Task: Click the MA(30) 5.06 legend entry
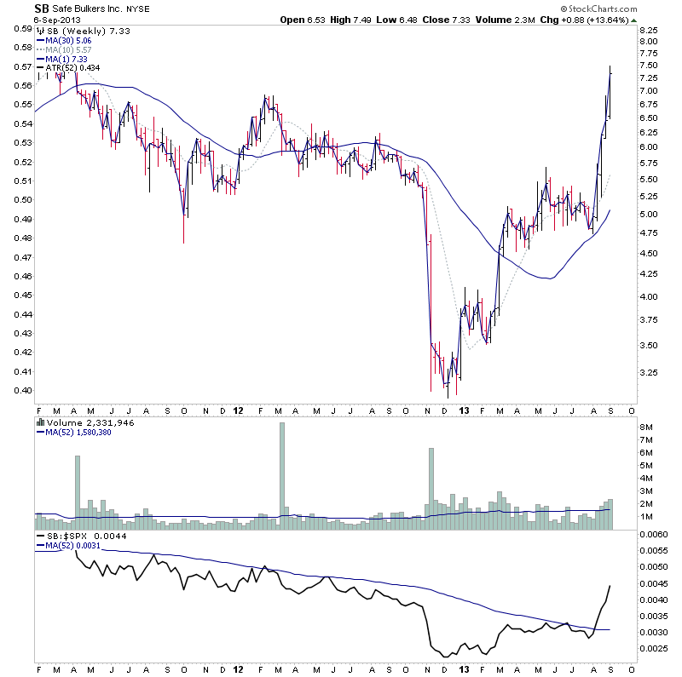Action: pyautogui.click(x=71, y=39)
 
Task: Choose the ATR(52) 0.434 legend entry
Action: pyautogui.click(x=73, y=68)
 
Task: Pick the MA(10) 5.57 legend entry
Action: pyautogui.click(x=71, y=49)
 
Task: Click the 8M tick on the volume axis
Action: pyautogui.click(x=646, y=426)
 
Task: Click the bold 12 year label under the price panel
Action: pyautogui.click(x=239, y=410)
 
